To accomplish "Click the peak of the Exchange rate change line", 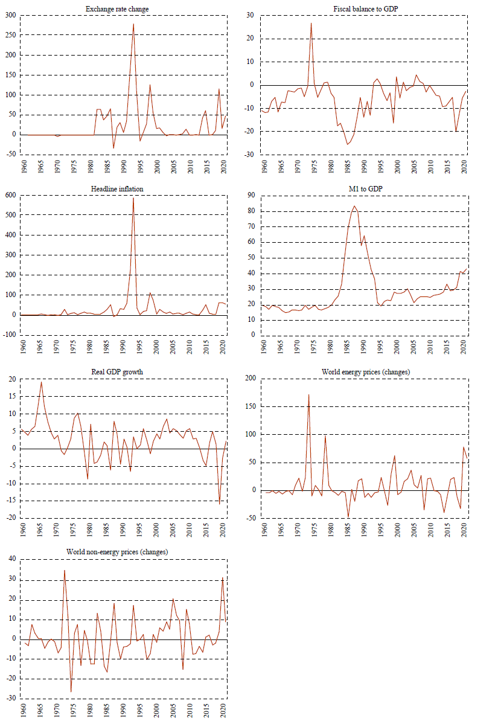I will click(133, 24).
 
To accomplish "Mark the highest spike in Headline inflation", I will click(133, 197).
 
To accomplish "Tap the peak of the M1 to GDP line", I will click(354, 206).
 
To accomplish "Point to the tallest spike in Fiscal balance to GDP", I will click(311, 24).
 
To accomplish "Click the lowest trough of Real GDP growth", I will click(220, 504).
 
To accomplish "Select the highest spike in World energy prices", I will click(308, 395).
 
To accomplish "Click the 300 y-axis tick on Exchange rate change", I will click(10, 15).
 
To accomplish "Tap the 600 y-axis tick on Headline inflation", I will click(10, 195).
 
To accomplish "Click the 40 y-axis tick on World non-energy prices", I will click(12, 559).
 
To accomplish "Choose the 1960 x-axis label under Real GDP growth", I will click(23, 530).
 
